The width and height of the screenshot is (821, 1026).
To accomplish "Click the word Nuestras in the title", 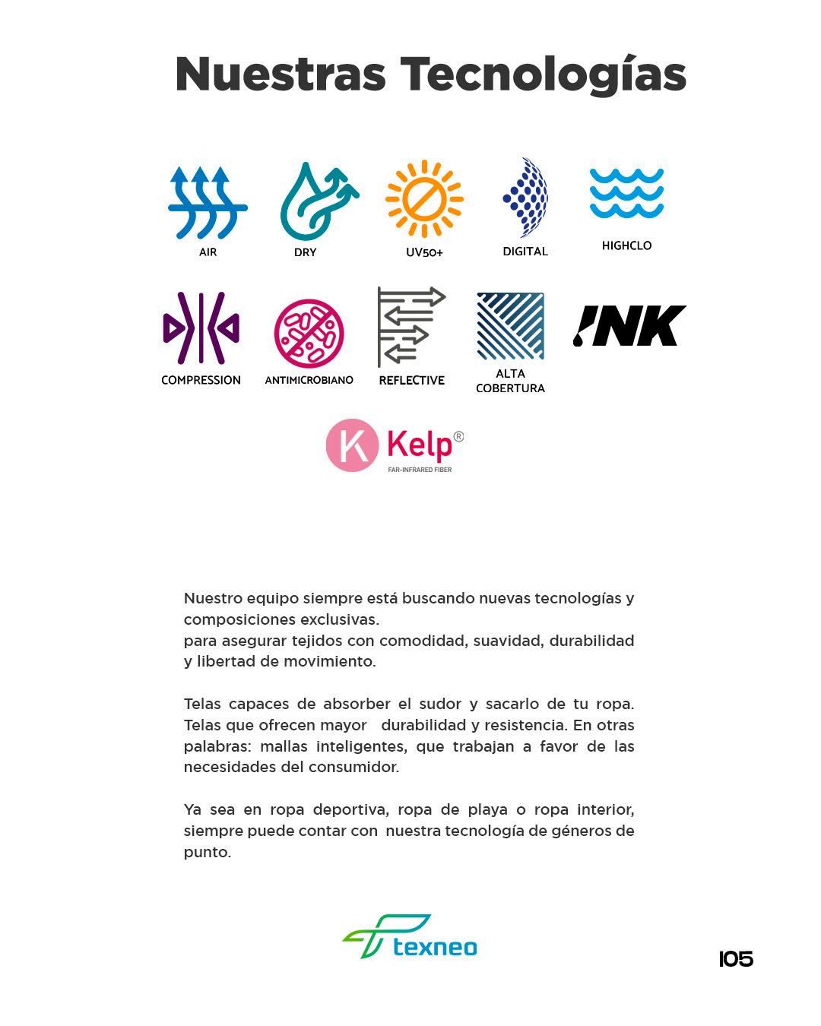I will (x=280, y=74).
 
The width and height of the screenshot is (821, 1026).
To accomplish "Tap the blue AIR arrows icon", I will (x=207, y=202).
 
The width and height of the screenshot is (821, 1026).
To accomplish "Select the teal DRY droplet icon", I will (x=315, y=201).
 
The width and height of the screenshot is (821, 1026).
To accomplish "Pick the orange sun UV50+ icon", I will (x=424, y=199).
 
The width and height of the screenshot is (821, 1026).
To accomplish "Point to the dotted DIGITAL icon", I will (x=526, y=198).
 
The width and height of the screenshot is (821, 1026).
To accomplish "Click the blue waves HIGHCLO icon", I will (x=626, y=194).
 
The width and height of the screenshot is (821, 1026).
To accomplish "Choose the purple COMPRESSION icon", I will (x=201, y=328).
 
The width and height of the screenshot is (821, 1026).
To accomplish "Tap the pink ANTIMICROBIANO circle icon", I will (x=309, y=334).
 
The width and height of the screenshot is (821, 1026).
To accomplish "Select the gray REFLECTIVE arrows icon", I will (x=410, y=327).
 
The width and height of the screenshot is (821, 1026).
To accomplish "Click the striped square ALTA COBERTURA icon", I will (x=510, y=326).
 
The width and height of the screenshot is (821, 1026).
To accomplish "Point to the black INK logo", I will (x=629, y=326).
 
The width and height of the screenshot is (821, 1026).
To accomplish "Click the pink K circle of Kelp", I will (x=352, y=445).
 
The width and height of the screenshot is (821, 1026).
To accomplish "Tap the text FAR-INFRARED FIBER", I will (x=420, y=470).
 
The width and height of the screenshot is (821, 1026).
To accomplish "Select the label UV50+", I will (x=424, y=252).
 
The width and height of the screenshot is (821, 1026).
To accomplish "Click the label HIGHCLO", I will (x=626, y=245).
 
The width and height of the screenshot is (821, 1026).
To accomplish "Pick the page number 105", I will (x=736, y=959).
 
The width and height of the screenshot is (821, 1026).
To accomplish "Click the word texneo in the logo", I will (x=435, y=947).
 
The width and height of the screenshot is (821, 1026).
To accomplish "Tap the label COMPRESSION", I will (x=201, y=380).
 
